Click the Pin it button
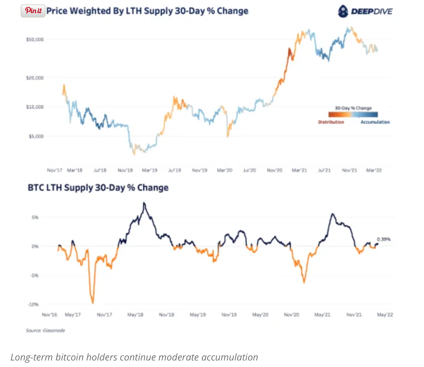click(33, 11)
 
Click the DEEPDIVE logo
click(365, 12)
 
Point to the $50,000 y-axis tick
click(35, 39)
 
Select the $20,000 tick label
click(35, 78)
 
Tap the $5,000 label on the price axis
click(36, 136)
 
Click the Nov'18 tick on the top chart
click(125, 170)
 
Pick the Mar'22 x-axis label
click(374, 170)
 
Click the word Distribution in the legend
click(331, 122)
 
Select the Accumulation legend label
click(375, 122)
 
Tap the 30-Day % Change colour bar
click(353, 115)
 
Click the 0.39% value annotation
click(384, 239)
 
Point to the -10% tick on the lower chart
click(33, 305)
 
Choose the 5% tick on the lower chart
click(35, 218)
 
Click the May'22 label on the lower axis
click(385, 315)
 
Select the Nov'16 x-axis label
click(49, 315)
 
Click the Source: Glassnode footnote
click(45, 330)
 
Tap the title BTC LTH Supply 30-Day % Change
click(98, 188)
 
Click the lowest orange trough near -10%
click(93, 303)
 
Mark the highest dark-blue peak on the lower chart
click(144, 203)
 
